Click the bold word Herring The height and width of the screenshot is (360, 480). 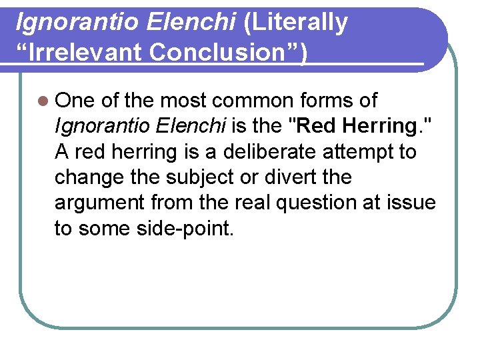click(379, 126)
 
